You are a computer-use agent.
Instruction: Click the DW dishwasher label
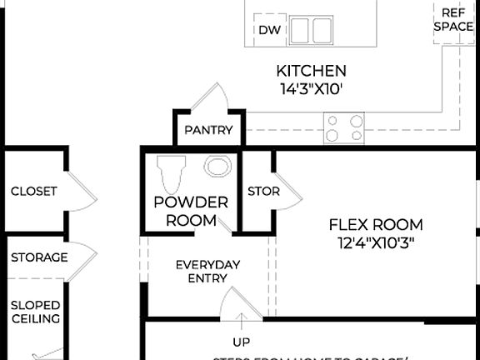tap(268, 30)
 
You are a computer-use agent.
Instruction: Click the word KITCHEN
tap(312, 71)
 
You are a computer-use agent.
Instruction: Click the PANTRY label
tap(208, 130)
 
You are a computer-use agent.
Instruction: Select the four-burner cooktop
tap(344, 127)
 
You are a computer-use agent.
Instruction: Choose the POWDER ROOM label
tap(191, 212)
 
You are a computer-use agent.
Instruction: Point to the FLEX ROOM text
tap(376, 225)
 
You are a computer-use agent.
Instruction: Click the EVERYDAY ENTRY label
tap(207, 272)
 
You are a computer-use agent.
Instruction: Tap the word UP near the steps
tap(241, 342)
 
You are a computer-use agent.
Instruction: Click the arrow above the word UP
tap(241, 321)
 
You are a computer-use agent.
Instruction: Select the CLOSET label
tap(34, 191)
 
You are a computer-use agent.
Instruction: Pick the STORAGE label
tap(39, 257)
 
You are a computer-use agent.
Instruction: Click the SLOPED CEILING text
tap(35, 311)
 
